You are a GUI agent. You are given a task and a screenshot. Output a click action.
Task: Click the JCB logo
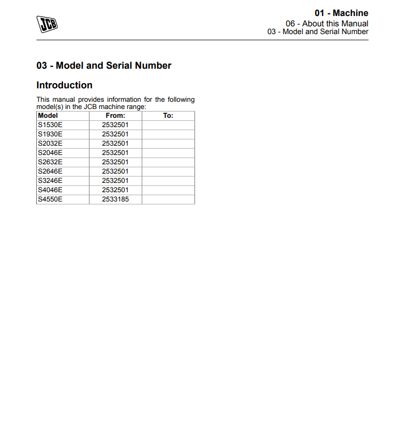click(x=47, y=24)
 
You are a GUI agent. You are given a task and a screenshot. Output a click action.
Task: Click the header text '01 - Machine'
click(x=341, y=13)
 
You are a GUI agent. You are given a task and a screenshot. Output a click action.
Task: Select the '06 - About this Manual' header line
click(x=327, y=23)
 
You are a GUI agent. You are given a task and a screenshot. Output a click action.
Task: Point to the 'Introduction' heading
click(x=64, y=85)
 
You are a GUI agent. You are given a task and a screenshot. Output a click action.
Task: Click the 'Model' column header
click(x=48, y=116)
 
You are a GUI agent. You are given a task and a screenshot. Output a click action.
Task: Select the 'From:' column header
click(x=115, y=116)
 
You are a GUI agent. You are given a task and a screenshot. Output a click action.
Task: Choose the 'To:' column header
click(x=168, y=116)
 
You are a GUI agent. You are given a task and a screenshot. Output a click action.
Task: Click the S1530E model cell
click(x=50, y=125)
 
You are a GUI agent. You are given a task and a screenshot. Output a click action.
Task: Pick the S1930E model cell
click(x=50, y=134)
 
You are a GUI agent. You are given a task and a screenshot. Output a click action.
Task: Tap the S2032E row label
click(x=50, y=144)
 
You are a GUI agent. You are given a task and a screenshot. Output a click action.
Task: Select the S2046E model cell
click(x=50, y=153)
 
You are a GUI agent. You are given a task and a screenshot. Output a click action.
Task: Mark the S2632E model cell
click(x=50, y=162)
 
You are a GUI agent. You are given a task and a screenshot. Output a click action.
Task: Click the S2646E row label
click(x=50, y=172)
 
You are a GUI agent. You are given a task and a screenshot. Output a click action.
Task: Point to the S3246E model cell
click(x=50, y=181)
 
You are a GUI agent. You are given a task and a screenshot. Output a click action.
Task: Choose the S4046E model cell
click(x=50, y=190)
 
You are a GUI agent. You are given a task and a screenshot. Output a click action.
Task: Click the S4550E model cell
click(x=50, y=199)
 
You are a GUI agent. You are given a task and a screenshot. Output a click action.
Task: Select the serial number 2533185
click(x=115, y=199)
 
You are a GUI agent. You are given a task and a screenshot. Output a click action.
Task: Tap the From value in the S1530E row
click(x=115, y=125)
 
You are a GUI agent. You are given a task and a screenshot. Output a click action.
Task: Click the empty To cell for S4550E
click(x=168, y=199)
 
